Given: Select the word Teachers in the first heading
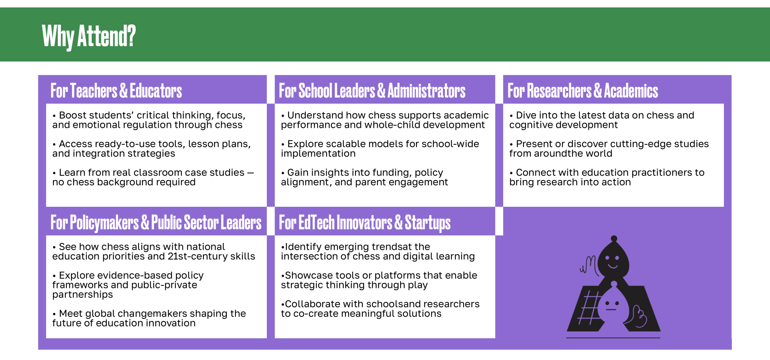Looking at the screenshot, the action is (x=94, y=91).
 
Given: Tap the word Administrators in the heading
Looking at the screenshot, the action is (x=427, y=91).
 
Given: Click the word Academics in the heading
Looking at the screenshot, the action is (x=631, y=91).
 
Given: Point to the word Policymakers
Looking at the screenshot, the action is (x=104, y=223).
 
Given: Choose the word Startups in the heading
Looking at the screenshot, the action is (x=428, y=223).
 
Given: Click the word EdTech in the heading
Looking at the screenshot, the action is (x=316, y=222).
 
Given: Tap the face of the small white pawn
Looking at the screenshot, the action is (x=611, y=306).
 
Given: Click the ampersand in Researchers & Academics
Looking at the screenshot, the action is (x=598, y=91).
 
